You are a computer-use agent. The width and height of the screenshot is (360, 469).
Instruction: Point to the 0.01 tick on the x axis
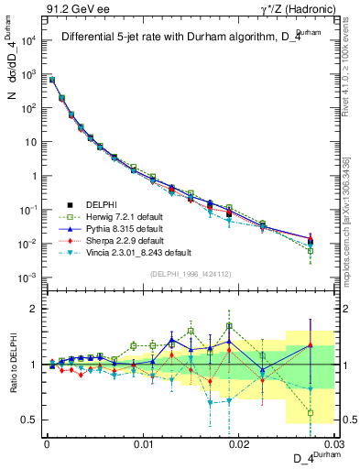[x=143, y=443]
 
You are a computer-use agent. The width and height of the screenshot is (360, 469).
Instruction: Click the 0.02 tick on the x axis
[x=240, y=443]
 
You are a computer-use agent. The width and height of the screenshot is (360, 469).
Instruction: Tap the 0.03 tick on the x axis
[x=335, y=443]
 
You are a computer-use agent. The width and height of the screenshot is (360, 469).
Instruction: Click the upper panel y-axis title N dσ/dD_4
[x=12, y=82]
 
